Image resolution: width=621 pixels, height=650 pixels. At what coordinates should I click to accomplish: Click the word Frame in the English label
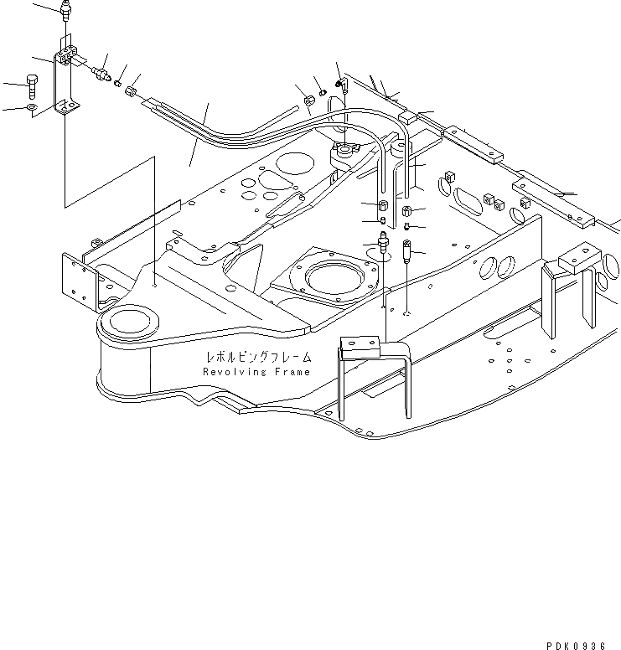click(x=290, y=372)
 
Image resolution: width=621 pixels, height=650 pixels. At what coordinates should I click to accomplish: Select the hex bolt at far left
click(x=31, y=86)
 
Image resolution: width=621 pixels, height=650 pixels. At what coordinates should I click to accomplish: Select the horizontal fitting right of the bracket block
click(x=102, y=72)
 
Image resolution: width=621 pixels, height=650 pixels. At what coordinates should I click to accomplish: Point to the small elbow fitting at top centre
click(x=340, y=84)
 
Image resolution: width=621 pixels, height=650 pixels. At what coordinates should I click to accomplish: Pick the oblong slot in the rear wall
click(x=468, y=200)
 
